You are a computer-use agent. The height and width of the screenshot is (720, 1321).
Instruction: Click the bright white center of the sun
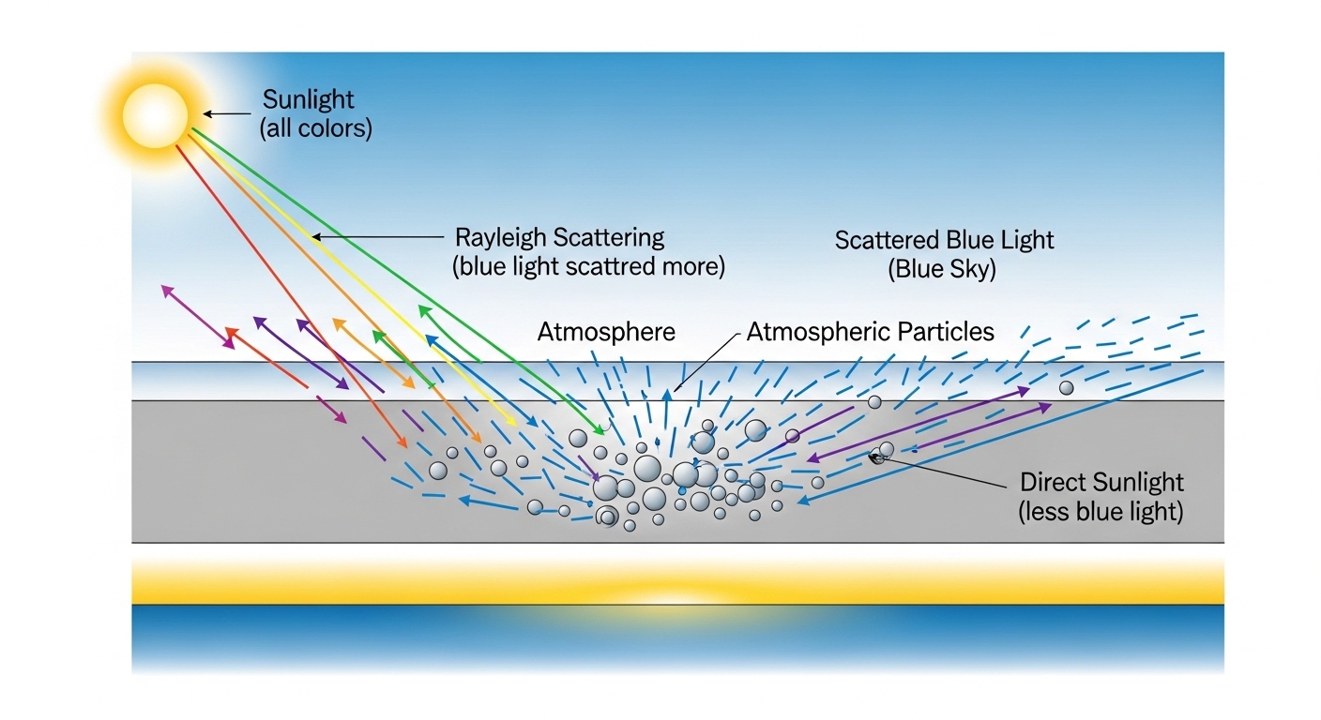click(x=155, y=116)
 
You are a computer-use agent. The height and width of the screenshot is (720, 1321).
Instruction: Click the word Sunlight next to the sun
click(x=308, y=99)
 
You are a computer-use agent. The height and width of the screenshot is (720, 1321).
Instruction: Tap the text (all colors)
click(x=316, y=128)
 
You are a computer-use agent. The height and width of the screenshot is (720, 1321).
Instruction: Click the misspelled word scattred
click(x=611, y=266)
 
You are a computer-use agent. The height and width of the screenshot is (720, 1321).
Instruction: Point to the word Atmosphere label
click(x=606, y=332)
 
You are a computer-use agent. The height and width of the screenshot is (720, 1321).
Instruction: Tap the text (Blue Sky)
click(x=942, y=269)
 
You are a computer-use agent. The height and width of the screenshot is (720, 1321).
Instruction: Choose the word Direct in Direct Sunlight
click(x=1050, y=483)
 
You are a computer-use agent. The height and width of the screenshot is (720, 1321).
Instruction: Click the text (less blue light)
click(x=1101, y=512)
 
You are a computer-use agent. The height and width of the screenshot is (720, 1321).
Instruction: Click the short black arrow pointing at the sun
click(x=227, y=113)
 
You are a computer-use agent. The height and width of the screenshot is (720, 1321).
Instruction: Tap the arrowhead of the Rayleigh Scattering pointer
click(x=316, y=237)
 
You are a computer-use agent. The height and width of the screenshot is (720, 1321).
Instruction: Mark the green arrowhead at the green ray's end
click(x=599, y=430)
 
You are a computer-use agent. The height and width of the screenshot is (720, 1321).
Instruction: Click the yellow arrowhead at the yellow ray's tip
click(x=511, y=422)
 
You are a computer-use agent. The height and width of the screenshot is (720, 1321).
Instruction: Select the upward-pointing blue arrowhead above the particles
click(x=667, y=395)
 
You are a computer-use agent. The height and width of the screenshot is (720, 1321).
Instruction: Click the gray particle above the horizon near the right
click(x=1066, y=388)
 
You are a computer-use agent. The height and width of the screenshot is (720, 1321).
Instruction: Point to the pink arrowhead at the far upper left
click(x=167, y=290)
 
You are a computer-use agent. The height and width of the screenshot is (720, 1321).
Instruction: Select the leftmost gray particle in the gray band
click(x=438, y=471)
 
